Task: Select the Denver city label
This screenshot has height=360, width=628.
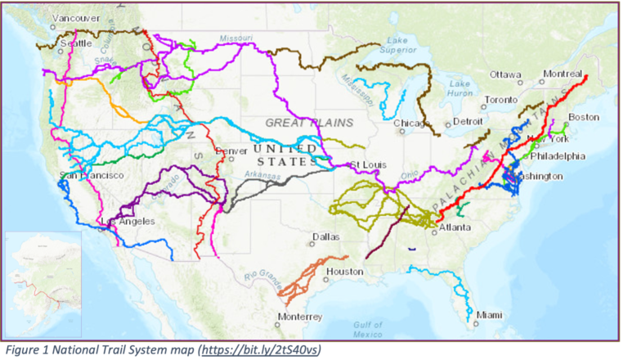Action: [231, 151]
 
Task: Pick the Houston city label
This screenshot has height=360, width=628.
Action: [344, 271]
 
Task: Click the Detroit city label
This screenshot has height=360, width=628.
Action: [469, 121]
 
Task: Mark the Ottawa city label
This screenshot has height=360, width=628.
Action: [505, 74]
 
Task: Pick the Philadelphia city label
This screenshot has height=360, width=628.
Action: [558, 155]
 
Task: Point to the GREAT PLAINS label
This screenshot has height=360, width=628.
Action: [309, 123]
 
